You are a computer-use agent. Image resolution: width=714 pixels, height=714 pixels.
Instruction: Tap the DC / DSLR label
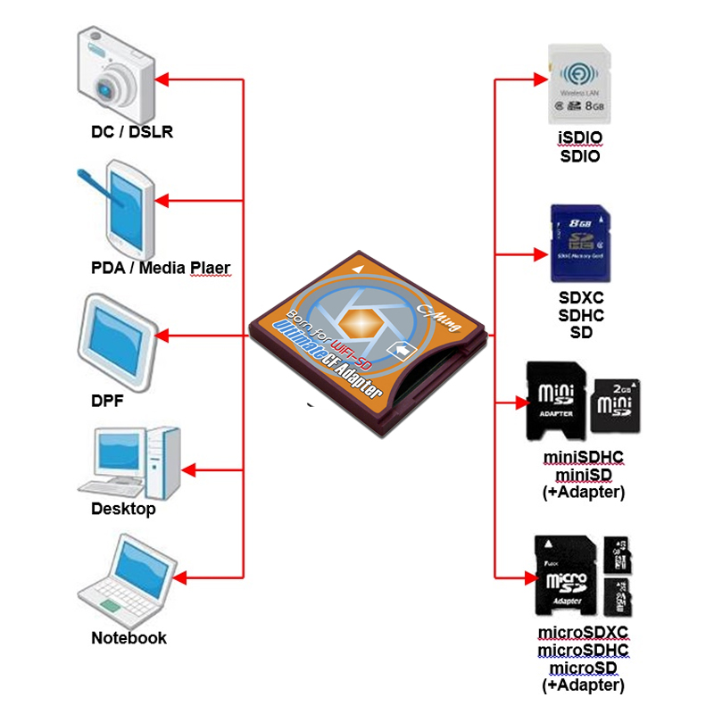tap(132, 133)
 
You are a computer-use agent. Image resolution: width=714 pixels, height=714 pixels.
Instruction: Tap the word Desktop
tap(123, 510)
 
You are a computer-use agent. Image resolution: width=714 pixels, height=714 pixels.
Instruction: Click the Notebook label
tap(129, 638)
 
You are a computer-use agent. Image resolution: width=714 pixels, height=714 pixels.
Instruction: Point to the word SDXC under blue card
tap(580, 298)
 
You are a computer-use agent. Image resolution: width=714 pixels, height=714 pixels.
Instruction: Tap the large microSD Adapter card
tap(562, 576)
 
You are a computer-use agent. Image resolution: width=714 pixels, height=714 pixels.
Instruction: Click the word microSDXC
tap(584, 633)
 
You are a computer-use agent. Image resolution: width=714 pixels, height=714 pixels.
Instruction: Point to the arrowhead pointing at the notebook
tap(178, 578)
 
